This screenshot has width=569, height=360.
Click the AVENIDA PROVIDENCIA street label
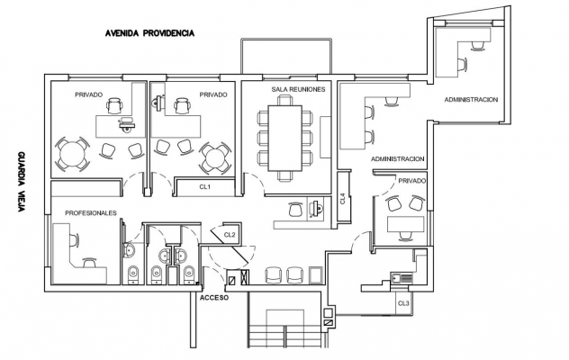click(149, 33)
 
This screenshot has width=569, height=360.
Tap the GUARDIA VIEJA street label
click(22, 182)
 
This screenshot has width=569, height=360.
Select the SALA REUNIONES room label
click(298, 89)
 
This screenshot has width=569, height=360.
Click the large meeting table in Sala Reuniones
click(284, 138)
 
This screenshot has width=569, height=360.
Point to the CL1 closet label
click(205, 187)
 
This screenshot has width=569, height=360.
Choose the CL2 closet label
click(230, 235)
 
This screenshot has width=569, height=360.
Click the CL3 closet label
click(403, 303)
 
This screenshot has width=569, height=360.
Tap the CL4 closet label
click(343, 198)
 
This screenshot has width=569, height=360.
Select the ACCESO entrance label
click(214, 298)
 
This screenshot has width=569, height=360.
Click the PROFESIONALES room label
click(91, 213)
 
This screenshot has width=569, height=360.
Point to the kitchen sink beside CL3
click(402, 277)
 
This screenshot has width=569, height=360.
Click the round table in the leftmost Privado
click(72, 154)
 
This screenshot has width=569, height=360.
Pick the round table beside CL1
click(215, 158)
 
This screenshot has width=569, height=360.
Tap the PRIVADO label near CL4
click(411, 181)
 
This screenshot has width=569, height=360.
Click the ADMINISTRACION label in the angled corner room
click(471, 99)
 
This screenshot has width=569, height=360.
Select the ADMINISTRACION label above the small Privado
click(397, 159)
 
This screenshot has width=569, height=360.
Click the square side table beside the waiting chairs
click(315, 275)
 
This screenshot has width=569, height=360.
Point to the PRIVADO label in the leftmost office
click(89, 94)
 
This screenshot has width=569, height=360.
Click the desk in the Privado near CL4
click(406, 224)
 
